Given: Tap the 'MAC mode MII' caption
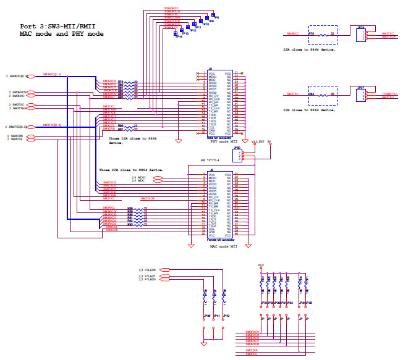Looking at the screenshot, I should [223, 246].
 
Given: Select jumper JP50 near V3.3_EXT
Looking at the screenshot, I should [238, 154].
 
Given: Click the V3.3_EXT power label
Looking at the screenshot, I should [258, 141].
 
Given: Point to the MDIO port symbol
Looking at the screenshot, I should [158, 177].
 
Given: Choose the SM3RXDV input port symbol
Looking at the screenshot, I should [32, 92].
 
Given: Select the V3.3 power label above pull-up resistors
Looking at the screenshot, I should [260, 265].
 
